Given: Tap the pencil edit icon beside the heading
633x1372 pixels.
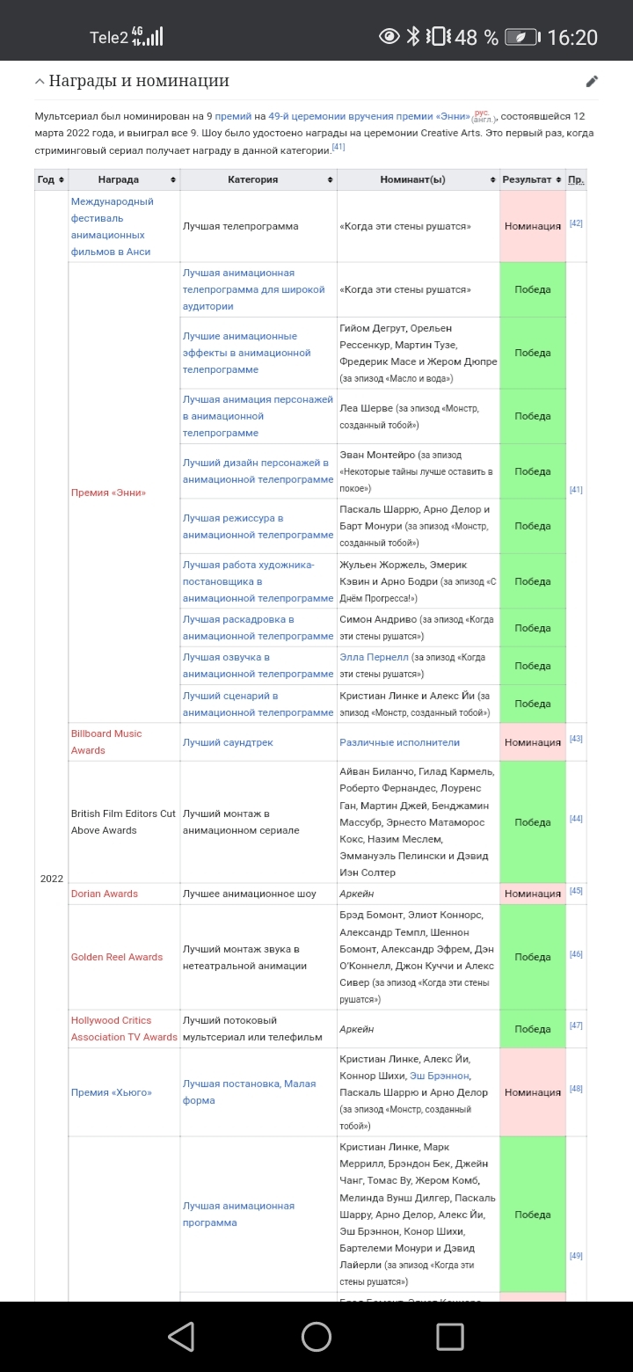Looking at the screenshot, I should (592, 82).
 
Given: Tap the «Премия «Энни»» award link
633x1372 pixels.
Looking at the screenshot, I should (108, 493).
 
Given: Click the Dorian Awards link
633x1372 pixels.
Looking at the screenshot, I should (105, 894).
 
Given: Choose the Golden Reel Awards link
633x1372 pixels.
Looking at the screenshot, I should (117, 957).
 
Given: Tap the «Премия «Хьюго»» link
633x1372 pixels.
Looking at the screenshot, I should (112, 1092).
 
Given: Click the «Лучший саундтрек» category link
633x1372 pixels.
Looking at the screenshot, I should (228, 742).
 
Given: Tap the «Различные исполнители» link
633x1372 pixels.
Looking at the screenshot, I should (399, 742).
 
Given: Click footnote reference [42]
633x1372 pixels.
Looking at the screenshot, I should (576, 223).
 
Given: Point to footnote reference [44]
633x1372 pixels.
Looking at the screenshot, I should (576, 819).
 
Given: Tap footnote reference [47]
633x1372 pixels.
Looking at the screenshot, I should (576, 1025).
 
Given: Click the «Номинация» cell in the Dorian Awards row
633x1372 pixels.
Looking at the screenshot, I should (533, 894).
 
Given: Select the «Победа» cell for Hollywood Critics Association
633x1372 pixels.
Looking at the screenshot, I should (533, 1029).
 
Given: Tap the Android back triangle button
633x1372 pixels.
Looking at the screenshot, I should (181, 1337).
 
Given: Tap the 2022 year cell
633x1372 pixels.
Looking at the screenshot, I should (52, 879).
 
